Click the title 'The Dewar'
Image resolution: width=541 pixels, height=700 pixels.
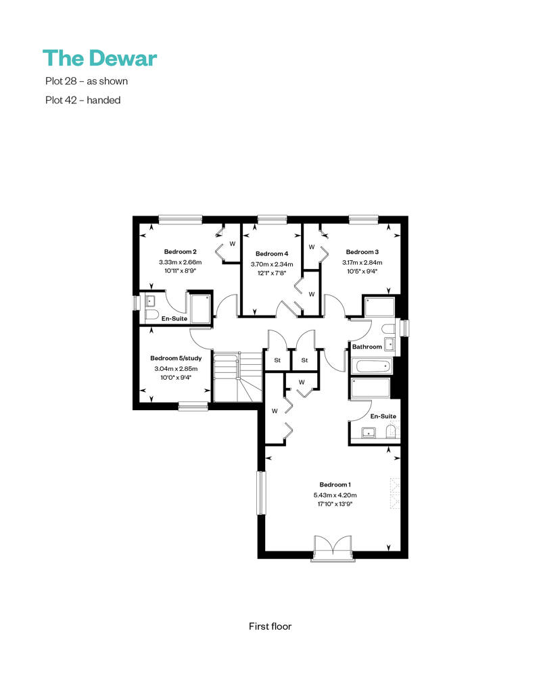(x=99, y=58)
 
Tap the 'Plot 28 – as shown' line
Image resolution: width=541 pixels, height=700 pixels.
(x=87, y=81)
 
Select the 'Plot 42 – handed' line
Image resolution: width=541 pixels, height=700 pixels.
(x=83, y=100)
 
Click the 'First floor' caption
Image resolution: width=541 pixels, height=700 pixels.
(x=270, y=626)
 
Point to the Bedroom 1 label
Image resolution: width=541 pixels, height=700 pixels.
(x=335, y=484)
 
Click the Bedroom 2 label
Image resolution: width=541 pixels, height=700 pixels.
(x=181, y=252)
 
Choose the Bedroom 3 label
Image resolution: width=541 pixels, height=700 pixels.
(x=362, y=252)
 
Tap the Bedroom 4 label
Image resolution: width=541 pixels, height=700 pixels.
(x=272, y=253)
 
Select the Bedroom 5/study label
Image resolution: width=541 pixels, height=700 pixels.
(x=176, y=358)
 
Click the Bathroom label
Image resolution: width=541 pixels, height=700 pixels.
(x=367, y=347)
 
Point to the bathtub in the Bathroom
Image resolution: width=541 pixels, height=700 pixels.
(x=372, y=367)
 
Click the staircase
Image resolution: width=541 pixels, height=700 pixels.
(x=237, y=377)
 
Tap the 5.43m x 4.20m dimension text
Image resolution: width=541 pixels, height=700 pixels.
(x=335, y=495)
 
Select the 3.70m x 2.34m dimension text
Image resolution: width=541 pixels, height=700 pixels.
(x=272, y=264)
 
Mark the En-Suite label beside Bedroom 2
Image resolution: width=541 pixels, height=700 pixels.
(x=174, y=318)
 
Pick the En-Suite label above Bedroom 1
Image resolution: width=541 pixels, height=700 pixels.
(x=383, y=416)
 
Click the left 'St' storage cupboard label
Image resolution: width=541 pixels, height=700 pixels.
(x=277, y=360)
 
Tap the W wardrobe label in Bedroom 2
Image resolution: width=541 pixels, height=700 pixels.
(x=233, y=244)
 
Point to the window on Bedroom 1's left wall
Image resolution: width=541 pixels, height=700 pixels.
(x=261, y=493)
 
